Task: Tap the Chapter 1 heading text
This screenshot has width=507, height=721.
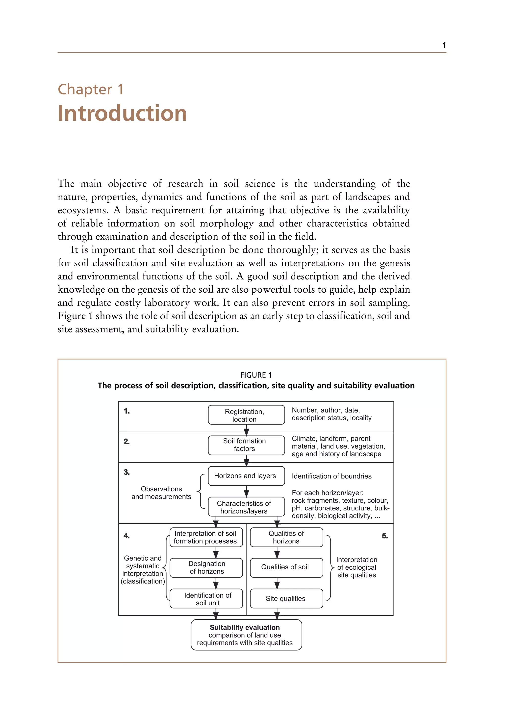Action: (x=91, y=89)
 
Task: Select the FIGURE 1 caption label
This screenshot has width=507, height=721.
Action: (x=256, y=375)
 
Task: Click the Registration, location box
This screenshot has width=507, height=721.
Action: (x=246, y=415)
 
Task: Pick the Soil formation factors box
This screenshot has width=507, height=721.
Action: (x=246, y=445)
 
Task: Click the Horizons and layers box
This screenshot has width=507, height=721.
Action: (x=246, y=476)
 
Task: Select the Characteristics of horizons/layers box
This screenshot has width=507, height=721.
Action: (x=246, y=507)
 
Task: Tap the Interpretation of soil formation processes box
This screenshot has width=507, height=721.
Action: (x=206, y=537)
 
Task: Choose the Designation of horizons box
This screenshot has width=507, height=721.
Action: (x=206, y=567)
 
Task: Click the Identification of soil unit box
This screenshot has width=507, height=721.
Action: (x=206, y=599)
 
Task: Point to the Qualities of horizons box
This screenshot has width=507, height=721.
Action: (x=286, y=537)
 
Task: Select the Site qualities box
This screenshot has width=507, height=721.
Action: (x=286, y=599)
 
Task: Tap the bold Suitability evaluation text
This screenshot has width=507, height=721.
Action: (x=245, y=627)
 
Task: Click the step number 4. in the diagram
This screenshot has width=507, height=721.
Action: (x=127, y=536)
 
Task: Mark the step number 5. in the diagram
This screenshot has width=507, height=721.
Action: (x=385, y=536)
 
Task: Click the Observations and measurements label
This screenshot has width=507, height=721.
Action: (x=161, y=493)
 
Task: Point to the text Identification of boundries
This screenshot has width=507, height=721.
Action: (x=331, y=476)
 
